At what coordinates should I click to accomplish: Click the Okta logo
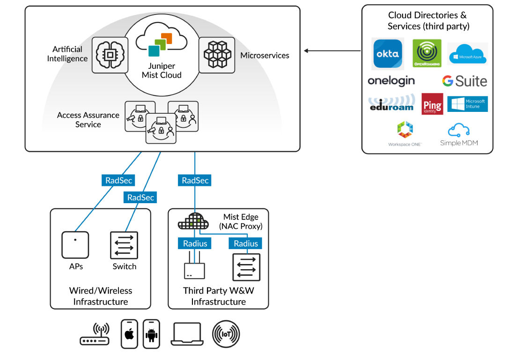pyautogui.click(x=387, y=53)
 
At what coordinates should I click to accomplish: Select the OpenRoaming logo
pyautogui.click(x=426, y=53)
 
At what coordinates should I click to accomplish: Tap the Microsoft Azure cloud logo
pyautogui.click(x=467, y=53)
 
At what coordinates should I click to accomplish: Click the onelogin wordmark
pyautogui.click(x=391, y=81)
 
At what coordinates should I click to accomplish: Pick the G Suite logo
pyautogui.click(x=464, y=81)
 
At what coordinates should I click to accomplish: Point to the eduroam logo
pyautogui.click(x=391, y=103)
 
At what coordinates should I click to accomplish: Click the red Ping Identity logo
pyautogui.click(x=432, y=104)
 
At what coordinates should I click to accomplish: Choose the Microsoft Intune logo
pyautogui.click(x=467, y=104)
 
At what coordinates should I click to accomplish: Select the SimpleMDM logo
pyautogui.click(x=459, y=134)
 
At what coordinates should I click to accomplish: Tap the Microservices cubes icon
pyautogui.click(x=217, y=55)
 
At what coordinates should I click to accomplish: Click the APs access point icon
pyautogui.click(x=75, y=244)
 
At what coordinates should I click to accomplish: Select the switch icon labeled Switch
pyautogui.click(x=124, y=244)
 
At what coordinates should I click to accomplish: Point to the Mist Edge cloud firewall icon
pyautogui.click(x=192, y=221)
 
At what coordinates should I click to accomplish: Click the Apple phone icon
pyautogui.click(x=130, y=334)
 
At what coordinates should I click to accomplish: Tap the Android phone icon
pyautogui.click(x=151, y=334)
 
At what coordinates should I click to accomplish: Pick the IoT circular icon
pyautogui.click(x=226, y=334)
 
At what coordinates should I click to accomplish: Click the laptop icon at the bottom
pyautogui.click(x=187, y=334)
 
